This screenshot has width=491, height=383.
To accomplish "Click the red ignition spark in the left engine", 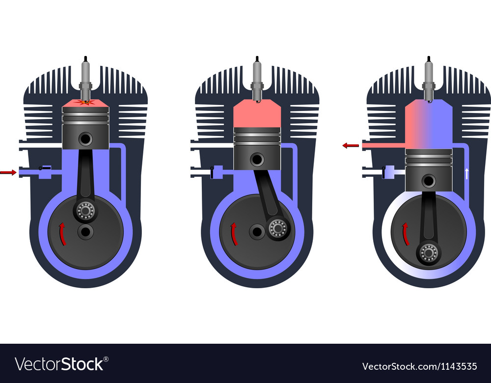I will point(85,102).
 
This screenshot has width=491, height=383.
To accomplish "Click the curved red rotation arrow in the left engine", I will point(62,233).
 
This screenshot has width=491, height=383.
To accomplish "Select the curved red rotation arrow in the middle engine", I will point(234,233).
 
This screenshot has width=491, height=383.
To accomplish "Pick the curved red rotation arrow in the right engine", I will point(406,233).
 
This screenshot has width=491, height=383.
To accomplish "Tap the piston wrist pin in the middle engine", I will point(257,159).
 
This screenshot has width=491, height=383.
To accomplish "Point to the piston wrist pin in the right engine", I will point(429,181).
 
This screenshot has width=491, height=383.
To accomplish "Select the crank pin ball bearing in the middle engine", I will point(277,228).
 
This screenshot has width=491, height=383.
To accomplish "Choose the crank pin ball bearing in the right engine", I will point(429,252).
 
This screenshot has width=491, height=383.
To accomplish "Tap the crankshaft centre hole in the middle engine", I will point(257,231).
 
